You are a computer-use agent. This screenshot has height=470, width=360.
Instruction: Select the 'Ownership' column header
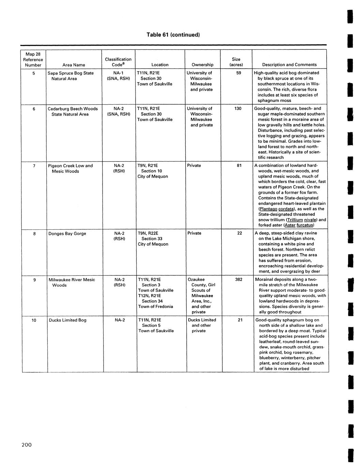[202, 65]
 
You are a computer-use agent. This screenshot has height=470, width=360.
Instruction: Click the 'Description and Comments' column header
[289, 65]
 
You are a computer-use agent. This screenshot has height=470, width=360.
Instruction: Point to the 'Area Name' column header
[74, 65]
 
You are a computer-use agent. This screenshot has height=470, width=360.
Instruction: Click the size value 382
[239, 279]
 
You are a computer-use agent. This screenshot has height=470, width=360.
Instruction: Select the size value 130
[238, 108]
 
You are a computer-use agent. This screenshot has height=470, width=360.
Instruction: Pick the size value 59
[239, 73]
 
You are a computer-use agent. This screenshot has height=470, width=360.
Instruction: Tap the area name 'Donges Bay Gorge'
[67, 233]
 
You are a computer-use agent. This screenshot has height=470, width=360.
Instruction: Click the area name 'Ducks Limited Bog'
[67, 320]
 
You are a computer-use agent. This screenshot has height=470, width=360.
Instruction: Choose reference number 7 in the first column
[34, 166]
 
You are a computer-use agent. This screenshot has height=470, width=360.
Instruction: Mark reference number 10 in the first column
[34, 320]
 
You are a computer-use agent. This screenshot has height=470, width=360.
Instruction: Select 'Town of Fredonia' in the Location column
[156, 306]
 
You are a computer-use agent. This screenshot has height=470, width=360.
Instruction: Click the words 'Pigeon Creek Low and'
[70, 166]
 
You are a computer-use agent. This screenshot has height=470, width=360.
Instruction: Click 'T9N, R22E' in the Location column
[148, 233]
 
